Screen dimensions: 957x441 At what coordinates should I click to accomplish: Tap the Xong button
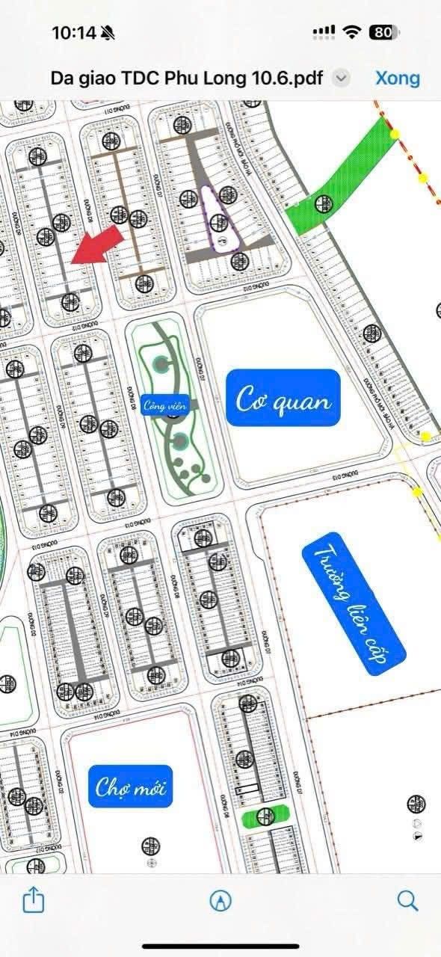[x=397, y=78]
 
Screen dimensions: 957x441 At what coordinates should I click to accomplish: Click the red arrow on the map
[x=97, y=244]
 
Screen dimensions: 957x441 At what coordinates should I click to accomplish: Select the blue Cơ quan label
[x=283, y=399]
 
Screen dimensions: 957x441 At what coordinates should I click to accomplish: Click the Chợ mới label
[x=131, y=786]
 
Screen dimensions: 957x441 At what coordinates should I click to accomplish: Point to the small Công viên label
[x=165, y=406]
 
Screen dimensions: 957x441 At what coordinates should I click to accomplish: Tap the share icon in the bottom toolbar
[x=34, y=900]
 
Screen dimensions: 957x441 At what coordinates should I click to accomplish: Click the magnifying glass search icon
[x=407, y=900]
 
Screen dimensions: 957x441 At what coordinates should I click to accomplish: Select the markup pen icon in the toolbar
[x=220, y=901]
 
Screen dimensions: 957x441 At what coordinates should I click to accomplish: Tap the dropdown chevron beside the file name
[x=341, y=78]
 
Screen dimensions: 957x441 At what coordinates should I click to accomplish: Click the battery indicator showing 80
[x=383, y=32]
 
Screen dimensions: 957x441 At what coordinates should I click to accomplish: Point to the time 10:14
[x=73, y=32]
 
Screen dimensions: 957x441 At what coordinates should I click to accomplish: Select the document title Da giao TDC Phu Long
[x=186, y=78]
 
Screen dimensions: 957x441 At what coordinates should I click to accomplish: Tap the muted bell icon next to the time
[x=108, y=32]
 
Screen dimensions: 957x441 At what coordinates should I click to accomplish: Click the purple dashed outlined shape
[x=218, y=218]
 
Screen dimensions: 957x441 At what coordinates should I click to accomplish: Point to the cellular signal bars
[x=324, y=32]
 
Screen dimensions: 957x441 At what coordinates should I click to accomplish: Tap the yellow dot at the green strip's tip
[x=395, y=134]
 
